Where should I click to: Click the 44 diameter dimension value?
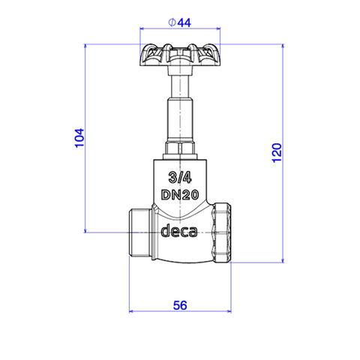tap(184, 22)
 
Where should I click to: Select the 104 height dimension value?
tap(79, 138)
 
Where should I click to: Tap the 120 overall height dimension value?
tap(277, 153)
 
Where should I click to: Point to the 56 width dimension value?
tap(180, 305)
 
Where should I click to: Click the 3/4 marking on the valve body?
tap(180, 178)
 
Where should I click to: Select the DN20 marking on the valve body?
tap(180, 195)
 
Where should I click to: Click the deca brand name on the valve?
tap(179, 230)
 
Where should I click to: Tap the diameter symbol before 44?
tap(172, 22)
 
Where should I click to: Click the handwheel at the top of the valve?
tap(180, 55)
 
